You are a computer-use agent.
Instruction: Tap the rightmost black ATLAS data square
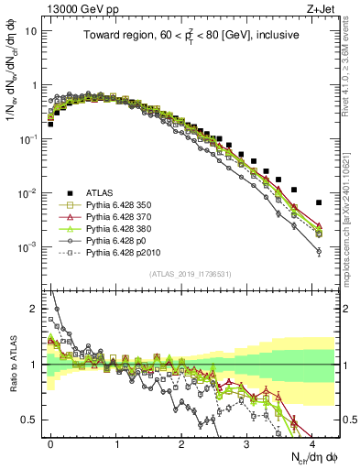coord(319,202)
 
